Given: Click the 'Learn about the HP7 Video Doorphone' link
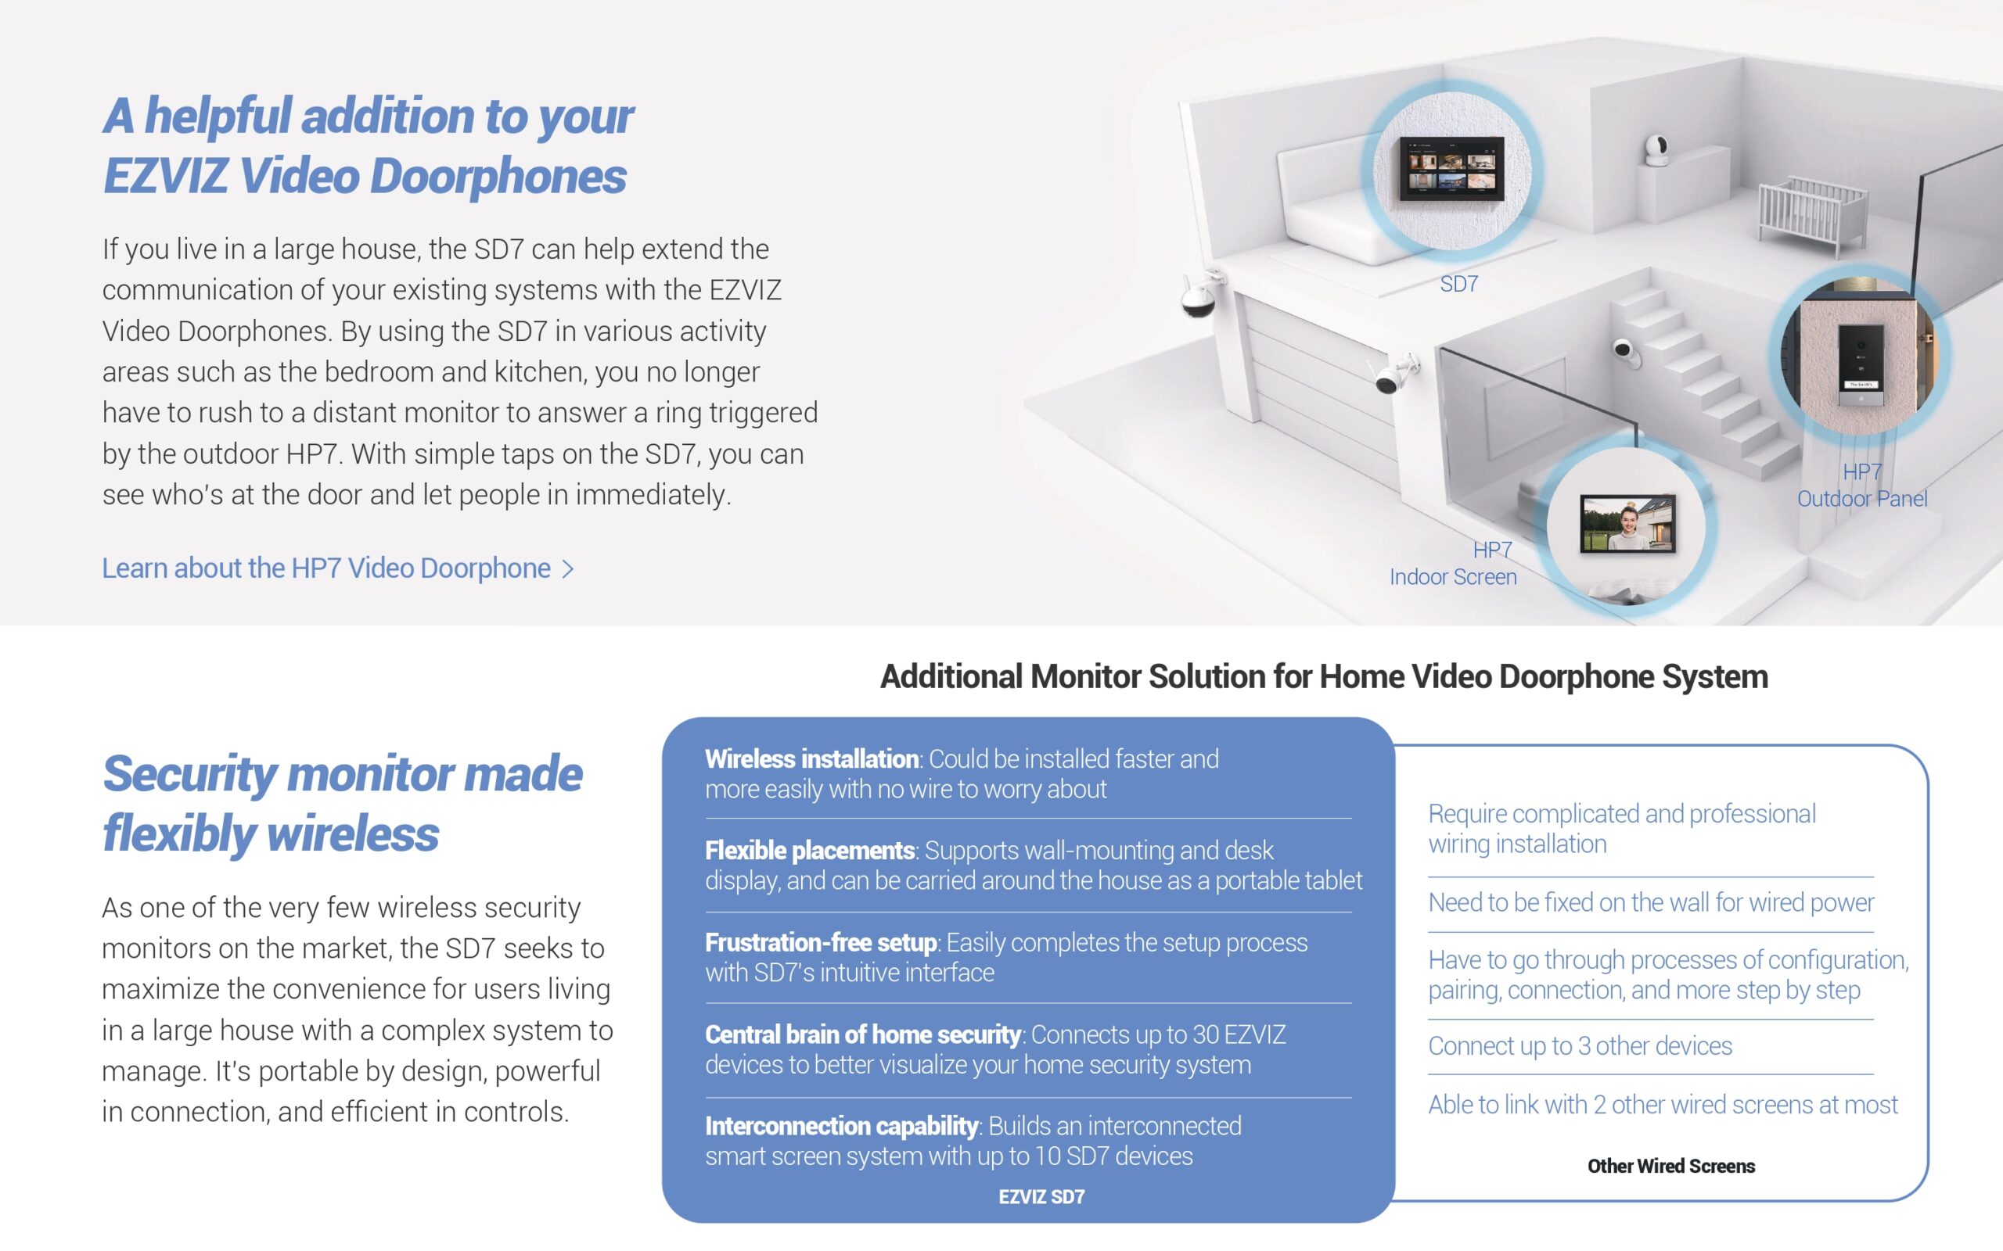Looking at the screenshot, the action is [338, 568].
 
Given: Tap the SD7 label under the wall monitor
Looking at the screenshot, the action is [1458, 284].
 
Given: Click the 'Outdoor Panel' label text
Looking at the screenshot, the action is [1861, 499].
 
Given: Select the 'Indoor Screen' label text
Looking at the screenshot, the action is [1453, 577].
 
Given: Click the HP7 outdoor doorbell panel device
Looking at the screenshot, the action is [1861, 365].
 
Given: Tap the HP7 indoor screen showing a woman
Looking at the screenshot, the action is [1627, 523].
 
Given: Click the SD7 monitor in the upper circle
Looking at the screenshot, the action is [1451, 168].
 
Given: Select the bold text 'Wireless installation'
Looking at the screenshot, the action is [811, 758].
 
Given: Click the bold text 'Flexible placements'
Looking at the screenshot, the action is [810, 850].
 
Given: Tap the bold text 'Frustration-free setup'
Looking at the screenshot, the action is [820, 942].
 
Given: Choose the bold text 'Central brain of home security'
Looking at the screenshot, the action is [863, 1034].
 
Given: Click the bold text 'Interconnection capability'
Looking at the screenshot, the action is [842, 1125].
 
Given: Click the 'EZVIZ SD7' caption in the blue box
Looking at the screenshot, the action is [1041, 1196].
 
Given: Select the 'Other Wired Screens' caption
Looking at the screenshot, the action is [1671, 1166].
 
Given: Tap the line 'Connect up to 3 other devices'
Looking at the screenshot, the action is [1580, 1046].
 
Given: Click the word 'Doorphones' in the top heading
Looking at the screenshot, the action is [498, 176].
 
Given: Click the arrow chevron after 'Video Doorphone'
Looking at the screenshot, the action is [568, 569].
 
